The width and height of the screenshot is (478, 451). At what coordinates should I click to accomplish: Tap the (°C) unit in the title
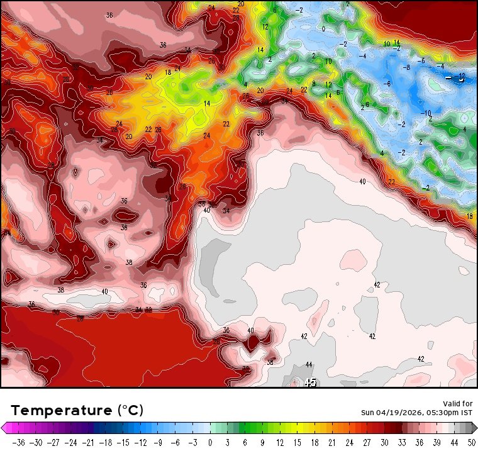point(131,411)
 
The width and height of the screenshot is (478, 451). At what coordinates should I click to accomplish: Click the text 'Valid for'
point(459,403)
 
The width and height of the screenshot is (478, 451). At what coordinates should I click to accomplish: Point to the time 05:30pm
point(443,413)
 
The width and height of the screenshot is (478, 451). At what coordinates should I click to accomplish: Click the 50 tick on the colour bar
point(471,442)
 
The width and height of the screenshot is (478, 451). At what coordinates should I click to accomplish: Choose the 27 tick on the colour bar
point(367,442)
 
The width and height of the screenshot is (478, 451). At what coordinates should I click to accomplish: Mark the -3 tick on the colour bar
point(194,442)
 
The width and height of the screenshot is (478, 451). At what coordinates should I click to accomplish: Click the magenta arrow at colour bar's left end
point(4,428)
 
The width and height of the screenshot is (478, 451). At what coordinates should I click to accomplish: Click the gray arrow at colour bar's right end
point(473,428)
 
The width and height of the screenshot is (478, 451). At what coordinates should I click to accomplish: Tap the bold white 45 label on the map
point(310,382)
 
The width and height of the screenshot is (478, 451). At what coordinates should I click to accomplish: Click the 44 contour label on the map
point(309,365)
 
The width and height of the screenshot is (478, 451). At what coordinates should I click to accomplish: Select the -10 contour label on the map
point(426,113)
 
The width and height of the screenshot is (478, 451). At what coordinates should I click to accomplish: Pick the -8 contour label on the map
point(407,67)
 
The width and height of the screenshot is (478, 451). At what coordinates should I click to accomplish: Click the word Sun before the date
point(367,413)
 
